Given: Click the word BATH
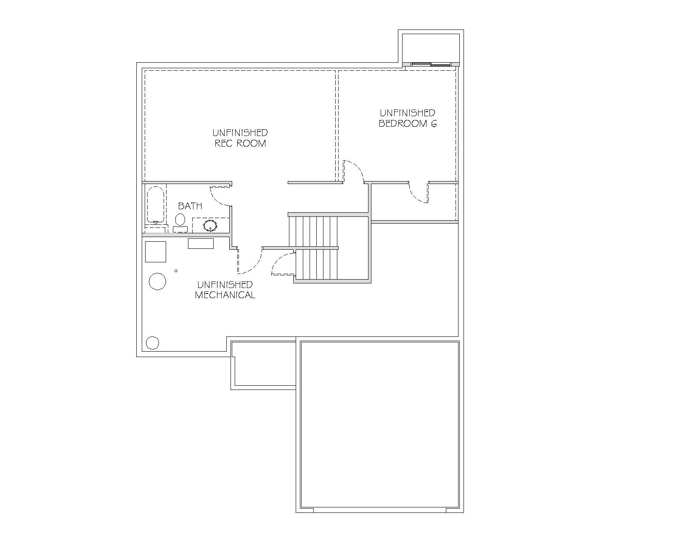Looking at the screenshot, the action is (190, 206).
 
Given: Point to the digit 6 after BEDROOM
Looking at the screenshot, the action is (434, 124).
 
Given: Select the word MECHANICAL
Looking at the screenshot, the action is (225, 295).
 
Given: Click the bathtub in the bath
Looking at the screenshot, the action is (156, 205).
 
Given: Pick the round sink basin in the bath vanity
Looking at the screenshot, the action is (210, 226).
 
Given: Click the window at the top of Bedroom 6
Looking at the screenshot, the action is (431, 64).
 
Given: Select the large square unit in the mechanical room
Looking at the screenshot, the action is (156, 251).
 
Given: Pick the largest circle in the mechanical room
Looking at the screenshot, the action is (157, 281).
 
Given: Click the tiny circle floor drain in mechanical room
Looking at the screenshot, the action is (176, 271).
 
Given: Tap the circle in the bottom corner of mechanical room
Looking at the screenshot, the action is (153, 343).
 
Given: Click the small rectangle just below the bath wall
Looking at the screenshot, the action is (201, 243).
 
